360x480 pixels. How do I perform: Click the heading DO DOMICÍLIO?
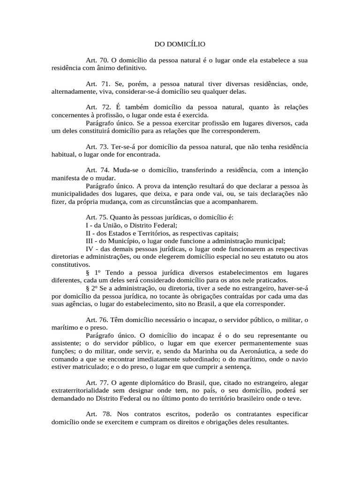[x=180, y=45]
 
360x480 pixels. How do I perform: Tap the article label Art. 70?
[x=97, y=60]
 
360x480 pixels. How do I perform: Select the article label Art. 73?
[x=97, y=147]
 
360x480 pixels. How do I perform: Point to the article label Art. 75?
[x=97, y=218]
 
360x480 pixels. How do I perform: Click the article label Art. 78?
[x=97, y=415]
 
